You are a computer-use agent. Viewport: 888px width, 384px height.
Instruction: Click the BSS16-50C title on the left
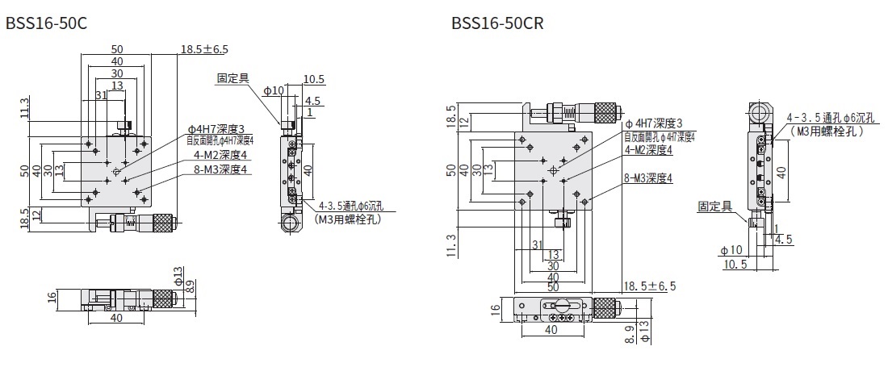tap(46, 24)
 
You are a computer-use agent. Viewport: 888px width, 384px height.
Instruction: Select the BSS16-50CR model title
tap(498, 24)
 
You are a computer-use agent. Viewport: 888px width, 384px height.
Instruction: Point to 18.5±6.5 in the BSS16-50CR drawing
tap(650, 286)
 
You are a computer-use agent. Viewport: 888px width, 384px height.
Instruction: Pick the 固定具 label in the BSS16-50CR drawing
tap(714, 207)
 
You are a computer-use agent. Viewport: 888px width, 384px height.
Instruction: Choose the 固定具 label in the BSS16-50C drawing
tap(232, 78)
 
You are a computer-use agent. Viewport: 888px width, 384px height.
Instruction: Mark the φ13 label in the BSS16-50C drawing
tap(179, 278)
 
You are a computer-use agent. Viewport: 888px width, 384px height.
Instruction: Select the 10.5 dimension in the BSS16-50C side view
tap(314, 79)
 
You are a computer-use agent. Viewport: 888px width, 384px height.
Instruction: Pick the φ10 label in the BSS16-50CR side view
tap(730, 250)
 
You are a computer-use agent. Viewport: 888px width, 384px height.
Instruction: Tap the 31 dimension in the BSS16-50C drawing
tap(102, 95)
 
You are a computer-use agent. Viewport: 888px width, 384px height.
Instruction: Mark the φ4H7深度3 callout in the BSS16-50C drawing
tap(216, 128)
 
